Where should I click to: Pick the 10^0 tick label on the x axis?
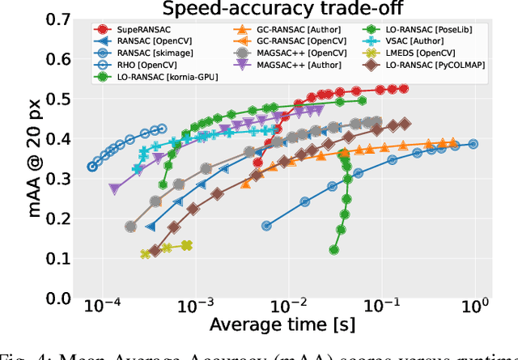point(475,308)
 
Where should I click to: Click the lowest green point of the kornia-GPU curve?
point(334,250)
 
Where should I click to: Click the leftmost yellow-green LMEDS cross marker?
point(146,254)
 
